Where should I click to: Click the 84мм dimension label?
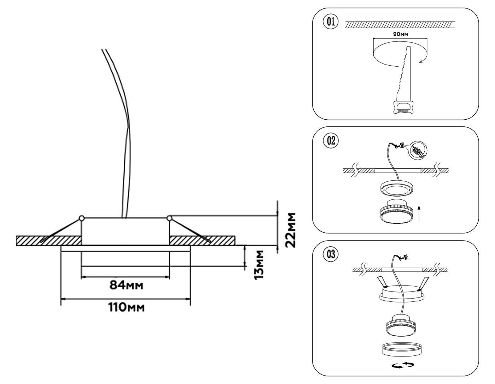pyautogui.click(x=127, y=285)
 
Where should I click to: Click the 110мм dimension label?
pyautogui.click(x=126, y=308)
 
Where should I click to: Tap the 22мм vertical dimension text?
pyautogui.click(x=291, y=230)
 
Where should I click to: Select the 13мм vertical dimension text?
pyautogui.click(x=259, y=265)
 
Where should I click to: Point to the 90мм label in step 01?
pyautogui.click(x=401, y=34)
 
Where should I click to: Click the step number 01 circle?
pyautogui.click(x=331, y=22)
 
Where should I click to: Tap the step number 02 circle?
pyautogui.click(x=331, y=141)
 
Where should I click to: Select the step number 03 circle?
pyautogui.click(x=331, y=254)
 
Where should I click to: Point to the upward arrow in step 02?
pyautogui.click(x=419, y=213)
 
